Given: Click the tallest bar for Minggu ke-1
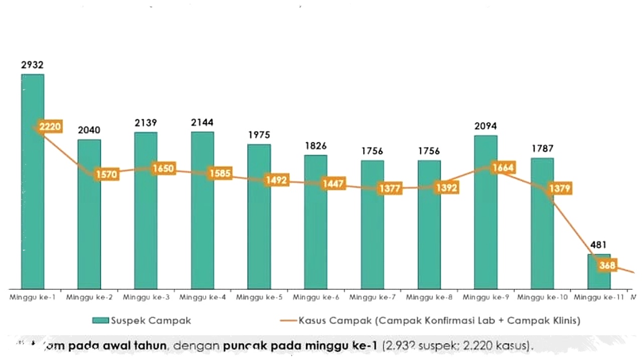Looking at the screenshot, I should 33,201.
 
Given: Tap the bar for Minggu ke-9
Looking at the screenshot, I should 486,226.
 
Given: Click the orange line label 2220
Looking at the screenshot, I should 50,127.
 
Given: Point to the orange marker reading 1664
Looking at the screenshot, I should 503,167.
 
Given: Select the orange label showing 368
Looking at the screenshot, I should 607,265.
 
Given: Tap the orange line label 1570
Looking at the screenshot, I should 106,174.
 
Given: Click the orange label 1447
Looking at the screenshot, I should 333,184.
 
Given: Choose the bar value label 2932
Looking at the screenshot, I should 33,65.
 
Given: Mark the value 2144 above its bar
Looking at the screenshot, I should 202,122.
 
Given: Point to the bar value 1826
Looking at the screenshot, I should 315,146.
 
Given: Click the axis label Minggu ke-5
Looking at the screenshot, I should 259,297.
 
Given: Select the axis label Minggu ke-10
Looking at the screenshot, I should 543,297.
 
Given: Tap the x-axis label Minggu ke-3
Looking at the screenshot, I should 146,297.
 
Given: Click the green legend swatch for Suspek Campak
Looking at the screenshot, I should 107,320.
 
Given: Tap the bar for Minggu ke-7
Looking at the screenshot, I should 372,226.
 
